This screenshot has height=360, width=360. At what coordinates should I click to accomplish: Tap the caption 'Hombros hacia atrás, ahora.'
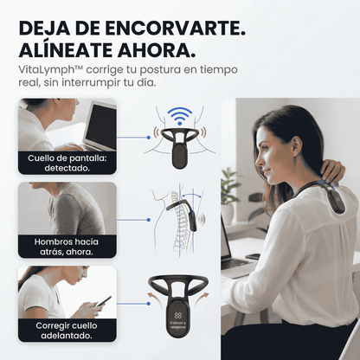tap(67, 247)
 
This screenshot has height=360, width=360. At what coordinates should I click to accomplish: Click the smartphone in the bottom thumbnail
tap(102, 301)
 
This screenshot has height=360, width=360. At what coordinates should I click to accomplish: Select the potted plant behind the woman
tap(229, 185)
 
